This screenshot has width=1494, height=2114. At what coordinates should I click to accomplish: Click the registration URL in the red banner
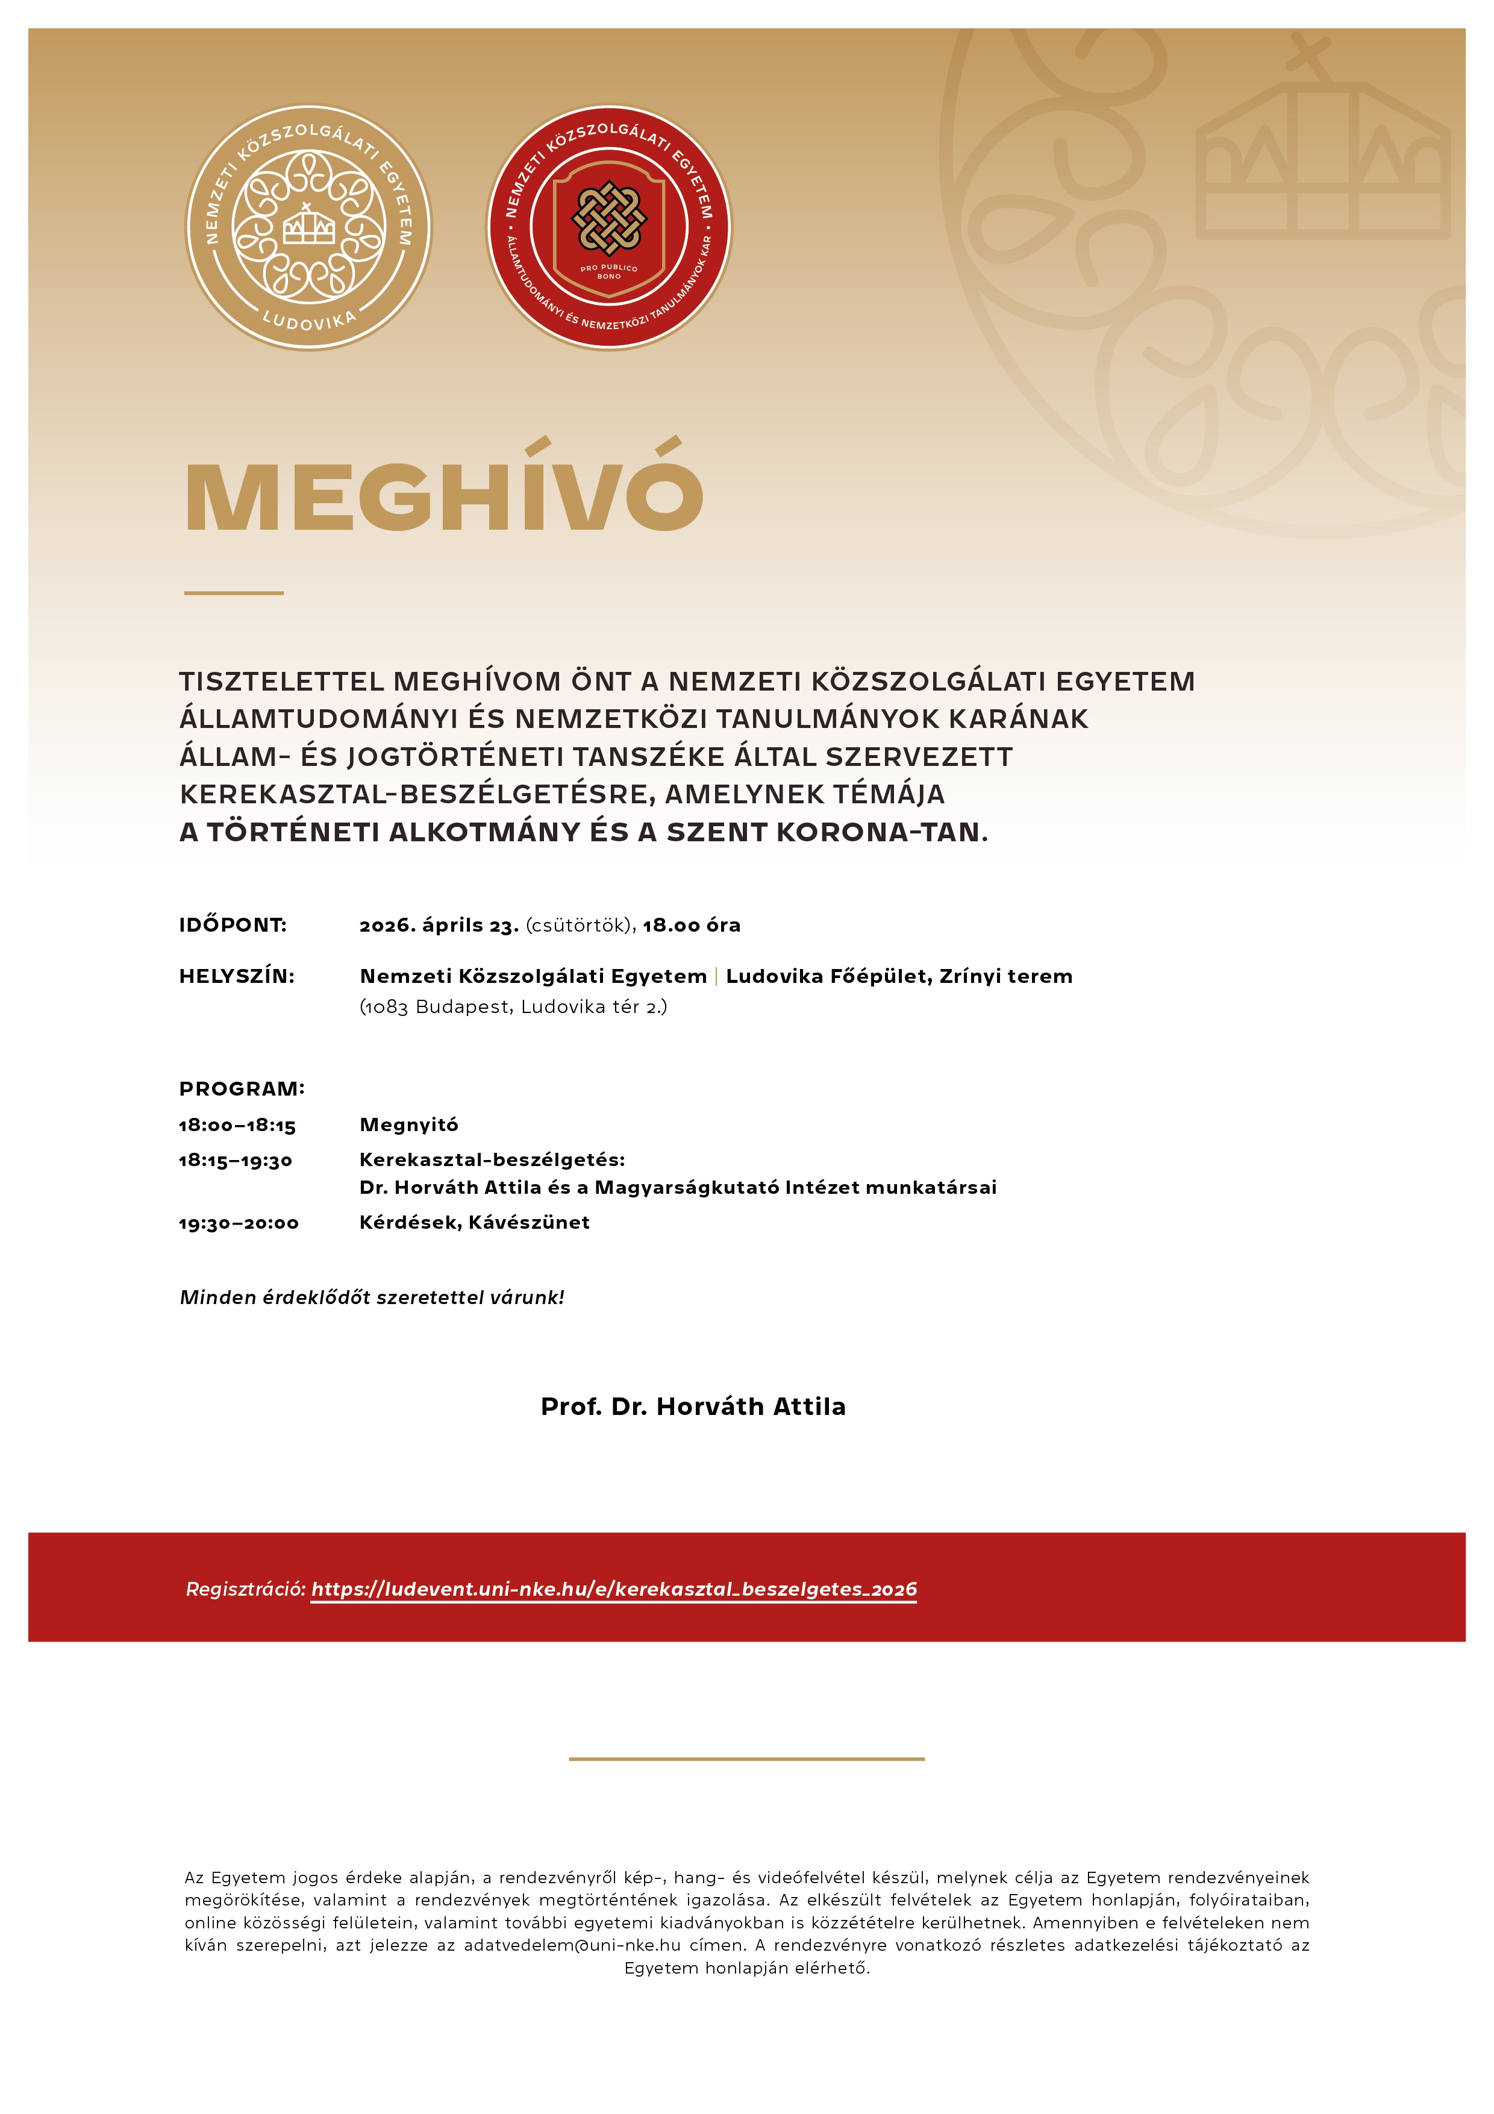(x=613, y=1589)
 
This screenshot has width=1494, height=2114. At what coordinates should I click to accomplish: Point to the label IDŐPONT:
(x=233, y=924)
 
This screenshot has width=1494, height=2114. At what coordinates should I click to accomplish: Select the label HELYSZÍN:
(x=237, y=976)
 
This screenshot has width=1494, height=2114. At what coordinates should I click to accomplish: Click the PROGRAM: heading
(x=241, y=1088)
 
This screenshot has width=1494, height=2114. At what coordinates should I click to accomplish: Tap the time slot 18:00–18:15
(x=237, y=1125)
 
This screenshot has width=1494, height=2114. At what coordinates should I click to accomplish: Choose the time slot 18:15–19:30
(x=235, y=1160)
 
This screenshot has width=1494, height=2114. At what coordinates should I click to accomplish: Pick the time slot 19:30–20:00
(x=239, y=1223)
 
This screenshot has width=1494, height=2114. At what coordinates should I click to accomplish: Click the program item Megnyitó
(x=408, y=1124)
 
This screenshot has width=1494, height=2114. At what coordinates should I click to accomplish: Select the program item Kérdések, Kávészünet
(x=474, y=1222)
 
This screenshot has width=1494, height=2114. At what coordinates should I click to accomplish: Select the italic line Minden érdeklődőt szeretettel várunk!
(x=372, y=1297)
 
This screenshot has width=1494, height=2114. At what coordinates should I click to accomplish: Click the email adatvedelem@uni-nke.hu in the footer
(x=572, y=1945)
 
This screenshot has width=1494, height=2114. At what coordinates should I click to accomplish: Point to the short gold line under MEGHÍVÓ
(x=234, y=593)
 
